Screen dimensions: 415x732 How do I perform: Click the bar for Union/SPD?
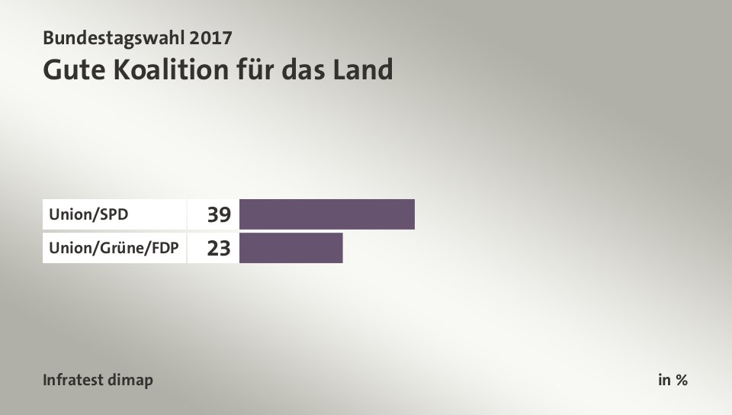pyautogui.click(x=327, y=214)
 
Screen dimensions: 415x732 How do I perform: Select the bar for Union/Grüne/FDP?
pyautogui.click(x=291, y=248)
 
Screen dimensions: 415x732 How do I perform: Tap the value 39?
pyautogui.click(x=219, y=215)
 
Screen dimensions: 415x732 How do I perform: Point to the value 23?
pyautogui.click(x=219, y=248)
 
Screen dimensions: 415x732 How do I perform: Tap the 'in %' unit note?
pyautogui.click(x=673, y=380)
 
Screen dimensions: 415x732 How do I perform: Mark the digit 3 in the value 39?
pyautogui.click(x=213, y=215)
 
